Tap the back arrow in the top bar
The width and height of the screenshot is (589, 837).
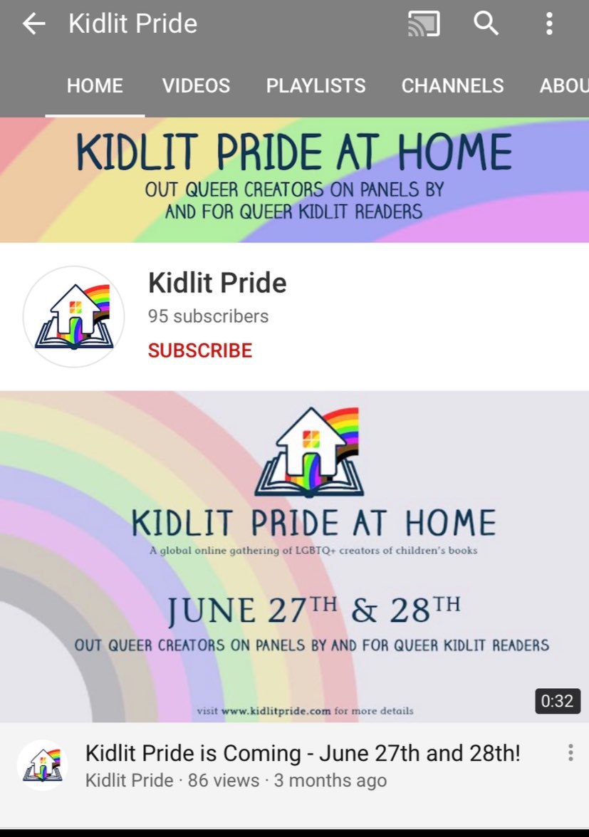coord(33,24)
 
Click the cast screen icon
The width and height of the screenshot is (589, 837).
coord(424,24)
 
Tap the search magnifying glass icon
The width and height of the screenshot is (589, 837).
coord(486,24)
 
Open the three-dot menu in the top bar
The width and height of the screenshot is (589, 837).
coord(549,24)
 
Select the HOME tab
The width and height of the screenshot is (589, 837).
coord(95,85)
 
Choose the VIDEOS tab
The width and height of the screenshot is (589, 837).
coord(197,85)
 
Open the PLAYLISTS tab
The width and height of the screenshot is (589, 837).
coord(316,85)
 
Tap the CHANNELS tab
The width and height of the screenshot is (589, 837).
coord(452,85)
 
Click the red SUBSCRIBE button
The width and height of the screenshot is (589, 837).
coord(200,350)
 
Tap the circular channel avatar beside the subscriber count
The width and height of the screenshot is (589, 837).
coord(73,316)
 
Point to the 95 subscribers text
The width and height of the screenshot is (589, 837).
coord(208,316)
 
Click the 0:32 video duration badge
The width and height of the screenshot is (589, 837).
coord(558,700)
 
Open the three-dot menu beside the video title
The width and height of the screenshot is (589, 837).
coord(570,752)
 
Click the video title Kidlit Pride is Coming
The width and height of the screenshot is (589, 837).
coord(303,753)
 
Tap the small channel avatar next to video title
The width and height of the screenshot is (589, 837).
coord(43,765)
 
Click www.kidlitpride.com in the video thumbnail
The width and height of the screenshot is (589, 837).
coord(276,711)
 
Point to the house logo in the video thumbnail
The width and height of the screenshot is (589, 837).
coord(309,452)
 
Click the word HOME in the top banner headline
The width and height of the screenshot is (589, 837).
coord(454,152)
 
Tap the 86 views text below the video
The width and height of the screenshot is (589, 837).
coord(223,781)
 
